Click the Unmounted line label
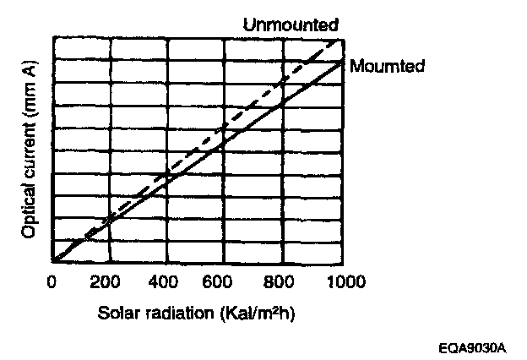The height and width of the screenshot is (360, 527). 291,24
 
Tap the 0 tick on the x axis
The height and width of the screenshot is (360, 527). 52,281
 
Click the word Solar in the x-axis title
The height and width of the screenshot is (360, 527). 116,312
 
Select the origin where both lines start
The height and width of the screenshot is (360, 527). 53,262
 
